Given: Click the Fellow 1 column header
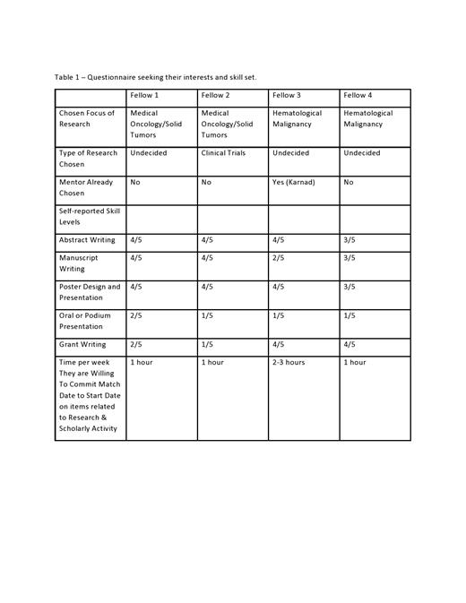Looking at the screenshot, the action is click(144, 95).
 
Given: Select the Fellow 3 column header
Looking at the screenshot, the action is click(287, 95).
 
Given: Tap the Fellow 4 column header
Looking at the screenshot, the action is click(358, 95).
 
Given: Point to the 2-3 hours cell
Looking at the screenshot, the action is click(289, 363).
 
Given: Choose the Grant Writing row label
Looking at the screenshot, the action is click(82, 344).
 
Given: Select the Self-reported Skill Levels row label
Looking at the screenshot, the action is click(88, 216).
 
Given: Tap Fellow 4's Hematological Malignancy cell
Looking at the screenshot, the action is click(368, 118).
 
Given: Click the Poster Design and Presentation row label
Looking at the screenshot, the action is click(89, 292).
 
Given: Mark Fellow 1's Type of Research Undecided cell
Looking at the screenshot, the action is click(149, 153).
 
